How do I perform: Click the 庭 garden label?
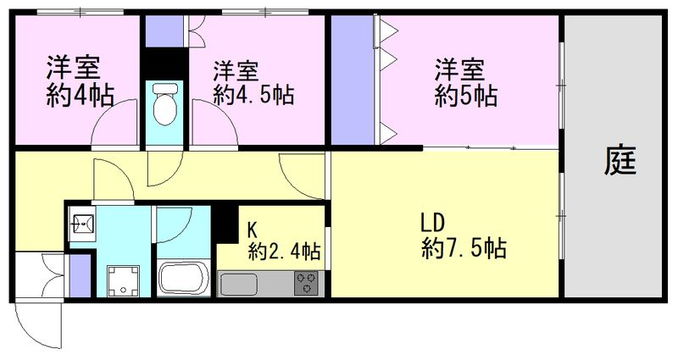pos(620,160)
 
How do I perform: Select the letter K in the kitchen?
pos(252,229)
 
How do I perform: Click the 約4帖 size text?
pos(81,93)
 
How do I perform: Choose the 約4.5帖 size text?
pos(253,94)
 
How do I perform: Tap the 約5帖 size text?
pos(466,95)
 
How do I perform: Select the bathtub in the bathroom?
pos(184,278)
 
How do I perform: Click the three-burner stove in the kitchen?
pos(306,282)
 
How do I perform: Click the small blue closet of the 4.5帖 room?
pos(158,31)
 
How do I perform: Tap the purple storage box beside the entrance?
pos(76,276)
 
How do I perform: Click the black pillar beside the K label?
pos(226,223)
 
